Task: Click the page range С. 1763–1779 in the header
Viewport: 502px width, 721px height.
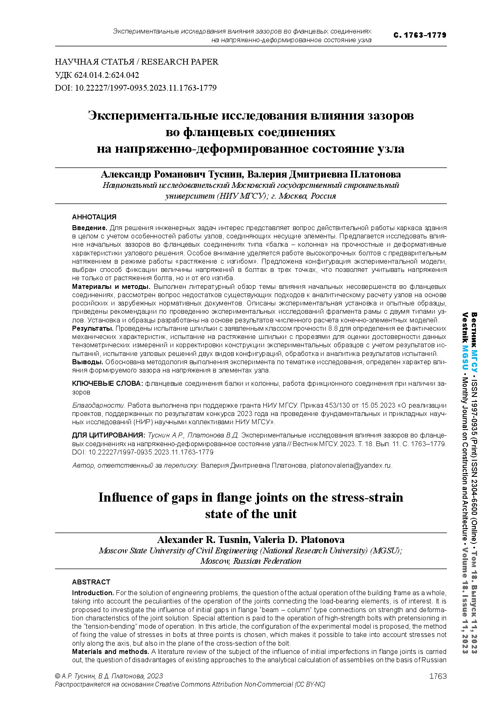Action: point(420,35)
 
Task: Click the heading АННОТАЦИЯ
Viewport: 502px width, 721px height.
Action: point(94,217)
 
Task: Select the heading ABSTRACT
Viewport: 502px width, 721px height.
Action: point(91,582)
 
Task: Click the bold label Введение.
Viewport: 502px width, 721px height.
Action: point(90,228)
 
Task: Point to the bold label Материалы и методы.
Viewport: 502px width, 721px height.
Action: point(111,286)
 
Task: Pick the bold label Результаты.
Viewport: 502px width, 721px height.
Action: point(93,328)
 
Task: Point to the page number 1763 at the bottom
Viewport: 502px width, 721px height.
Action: point(438,676)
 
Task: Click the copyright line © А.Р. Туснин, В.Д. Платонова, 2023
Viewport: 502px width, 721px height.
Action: point(109,676)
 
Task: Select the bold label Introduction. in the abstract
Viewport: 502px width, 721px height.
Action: point(93,593)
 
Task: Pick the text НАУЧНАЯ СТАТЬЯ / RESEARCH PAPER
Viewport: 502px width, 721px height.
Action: point(136,62)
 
